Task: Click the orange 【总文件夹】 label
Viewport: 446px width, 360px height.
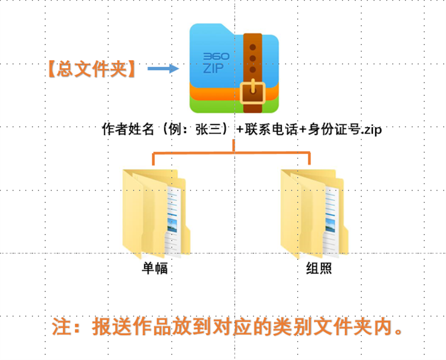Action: (x=92, y=69)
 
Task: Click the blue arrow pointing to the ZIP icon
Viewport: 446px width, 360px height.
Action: (x=163, y=69)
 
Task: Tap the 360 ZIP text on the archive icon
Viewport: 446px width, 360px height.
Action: (x=216, y=63)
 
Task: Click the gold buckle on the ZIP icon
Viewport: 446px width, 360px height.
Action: (x=253, y=93)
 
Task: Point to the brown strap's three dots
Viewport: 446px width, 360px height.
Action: (x=253, y=59)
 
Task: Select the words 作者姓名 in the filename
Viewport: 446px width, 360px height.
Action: (x=128, y=129)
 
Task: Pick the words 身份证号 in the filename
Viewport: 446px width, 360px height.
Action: (x=334, y=129)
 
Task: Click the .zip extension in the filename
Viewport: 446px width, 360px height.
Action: (x=371, y=130)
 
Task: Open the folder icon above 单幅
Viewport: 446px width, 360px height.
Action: (x=156, y=214)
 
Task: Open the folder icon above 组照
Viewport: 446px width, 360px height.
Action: (x=314, y=214)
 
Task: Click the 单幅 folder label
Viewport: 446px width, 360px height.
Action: (x=155, y=268)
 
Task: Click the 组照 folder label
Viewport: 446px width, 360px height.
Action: (x=319, y=268)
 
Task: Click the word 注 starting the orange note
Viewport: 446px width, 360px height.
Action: (x=61, y=327)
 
